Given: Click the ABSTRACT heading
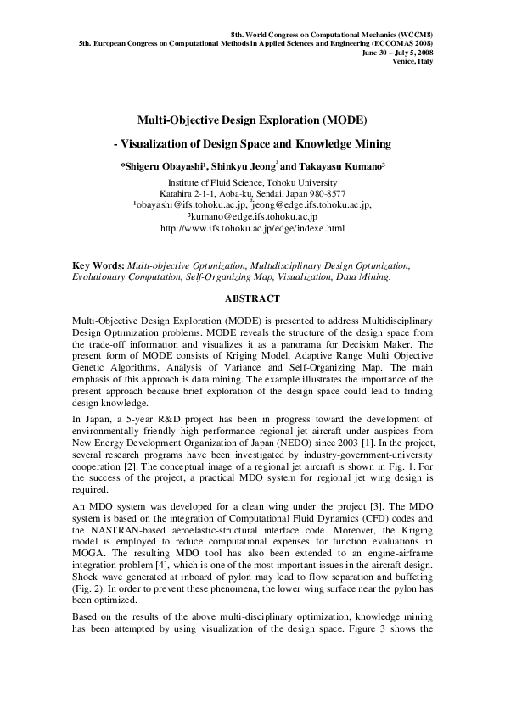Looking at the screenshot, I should [x=252, y=299].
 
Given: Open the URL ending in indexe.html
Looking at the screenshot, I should [x=252, y=228].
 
